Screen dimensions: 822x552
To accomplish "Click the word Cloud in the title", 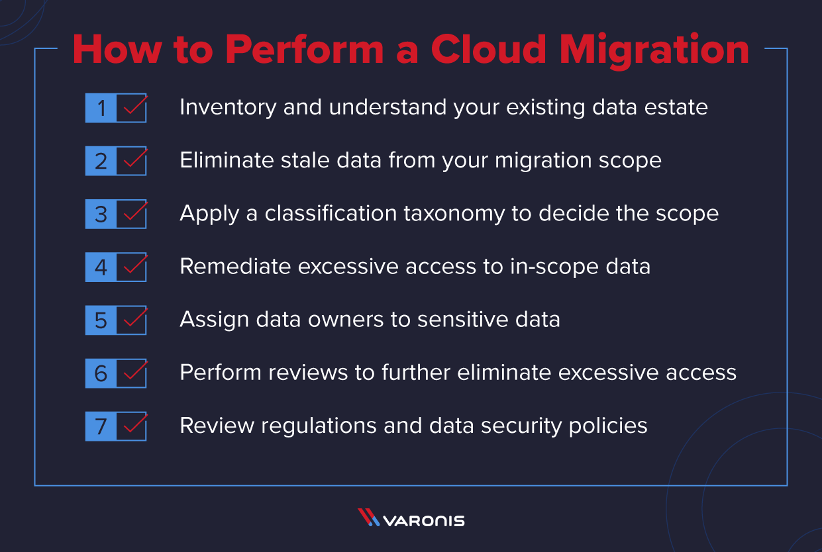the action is (x=488, y=49).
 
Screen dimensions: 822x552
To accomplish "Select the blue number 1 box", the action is (x=101, y=108).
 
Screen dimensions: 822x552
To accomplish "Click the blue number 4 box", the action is (x=101, y=267).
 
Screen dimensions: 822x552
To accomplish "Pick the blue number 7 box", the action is (x=101, y=426).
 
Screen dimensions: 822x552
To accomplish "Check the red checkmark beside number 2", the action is (x=136, y=158).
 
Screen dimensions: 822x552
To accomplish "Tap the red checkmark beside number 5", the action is (x=136, y=318).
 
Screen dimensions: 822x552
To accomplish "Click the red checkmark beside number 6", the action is (x=136, y=371).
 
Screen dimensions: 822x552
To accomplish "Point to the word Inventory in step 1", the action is (x=228, y=107).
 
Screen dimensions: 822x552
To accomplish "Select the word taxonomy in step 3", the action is (x=454, y=214).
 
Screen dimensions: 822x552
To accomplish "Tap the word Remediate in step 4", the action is (x=235, y=266).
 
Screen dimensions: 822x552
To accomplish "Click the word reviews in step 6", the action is (x=308, y=373).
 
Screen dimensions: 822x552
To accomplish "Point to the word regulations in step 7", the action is (x=319, y=426).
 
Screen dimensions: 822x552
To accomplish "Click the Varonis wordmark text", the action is (x=424, y=521).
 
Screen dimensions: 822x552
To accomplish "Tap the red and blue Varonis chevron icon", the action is (x=368, y=517).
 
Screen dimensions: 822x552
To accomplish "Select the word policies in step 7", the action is (x=608, y=426).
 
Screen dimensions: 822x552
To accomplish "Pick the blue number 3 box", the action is (x=101, y=214).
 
